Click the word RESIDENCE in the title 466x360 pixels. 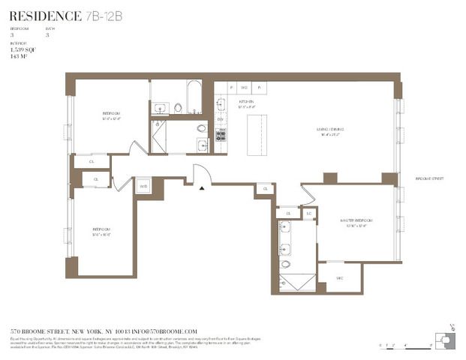pos(45,16)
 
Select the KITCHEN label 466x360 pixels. pos(245,101)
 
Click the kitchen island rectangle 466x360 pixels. pos(257,134)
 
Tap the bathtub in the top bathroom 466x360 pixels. pos(193,96)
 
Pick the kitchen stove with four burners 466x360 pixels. pos(221,136)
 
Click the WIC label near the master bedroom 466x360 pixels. pos(339,277)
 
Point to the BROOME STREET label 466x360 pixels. pos(430,178)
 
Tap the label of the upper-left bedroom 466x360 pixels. pos(112,115)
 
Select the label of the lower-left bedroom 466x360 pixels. pos(101,232)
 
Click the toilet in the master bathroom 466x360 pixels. pos(286,264)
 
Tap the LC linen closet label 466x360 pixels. pos(308,214)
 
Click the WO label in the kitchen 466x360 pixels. pos(244,86)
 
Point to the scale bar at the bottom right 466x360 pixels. pos(405,346)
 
